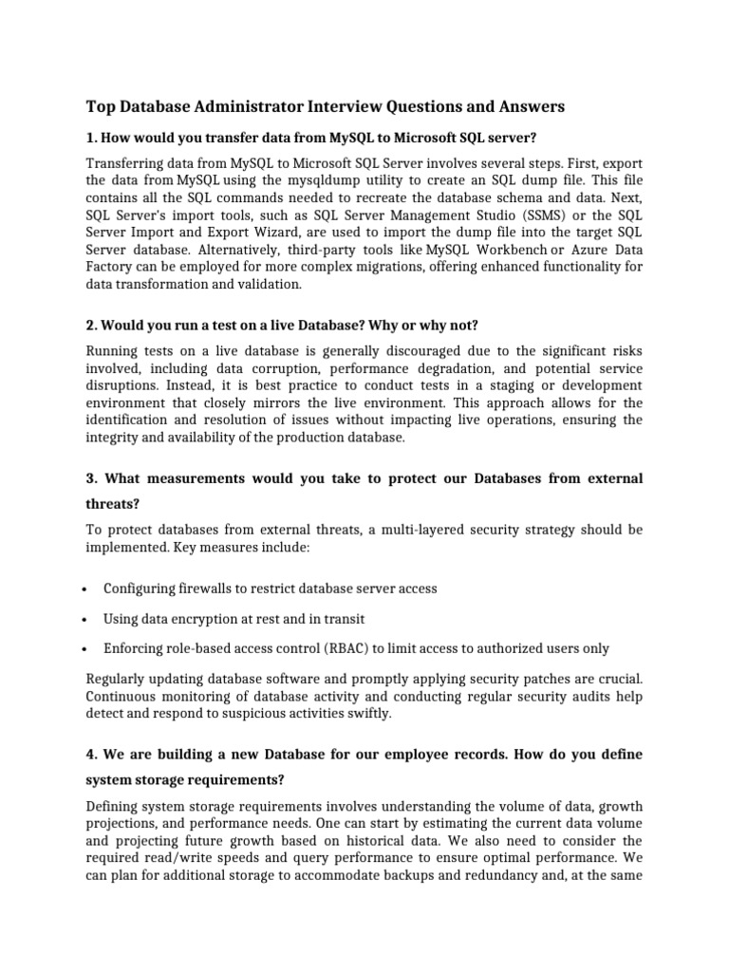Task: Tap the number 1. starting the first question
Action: click(x=92, y=137)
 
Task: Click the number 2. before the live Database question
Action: click(x=92, y=325)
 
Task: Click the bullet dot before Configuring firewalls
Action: click(x=86, y=589)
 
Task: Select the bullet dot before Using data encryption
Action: click(x=86, y=620)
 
